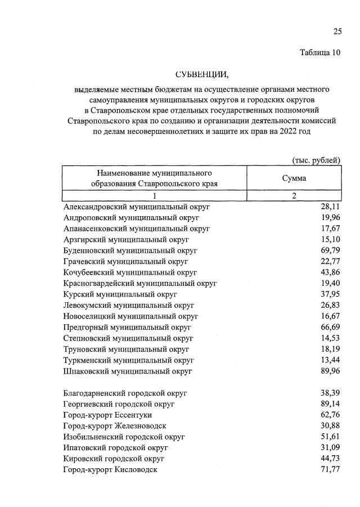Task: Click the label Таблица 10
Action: click(x=319, y=53)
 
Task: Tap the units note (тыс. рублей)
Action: click(x=316, y=160)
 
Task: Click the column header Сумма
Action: click(x=294, y=178)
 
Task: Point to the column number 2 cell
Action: click(x=294, y=195)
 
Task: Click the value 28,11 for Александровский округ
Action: click(x=330, y=207)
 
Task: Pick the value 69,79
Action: click(x=330, y=250)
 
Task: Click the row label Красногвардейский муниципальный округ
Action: click(x=140, y=282)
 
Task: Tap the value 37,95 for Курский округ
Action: click(x=330, y=294)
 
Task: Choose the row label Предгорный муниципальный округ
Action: click(x=128, y=326)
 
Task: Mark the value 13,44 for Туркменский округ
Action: click(x=330, y=360)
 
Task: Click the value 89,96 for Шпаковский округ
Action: click(x=330, y=371)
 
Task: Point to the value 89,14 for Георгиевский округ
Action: click(x=330, y=403)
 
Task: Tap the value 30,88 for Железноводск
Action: click(x=330, y=425)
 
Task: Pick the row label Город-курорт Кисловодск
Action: click(x=111, y=469)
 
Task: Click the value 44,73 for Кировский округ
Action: click(x=330, y=459)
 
